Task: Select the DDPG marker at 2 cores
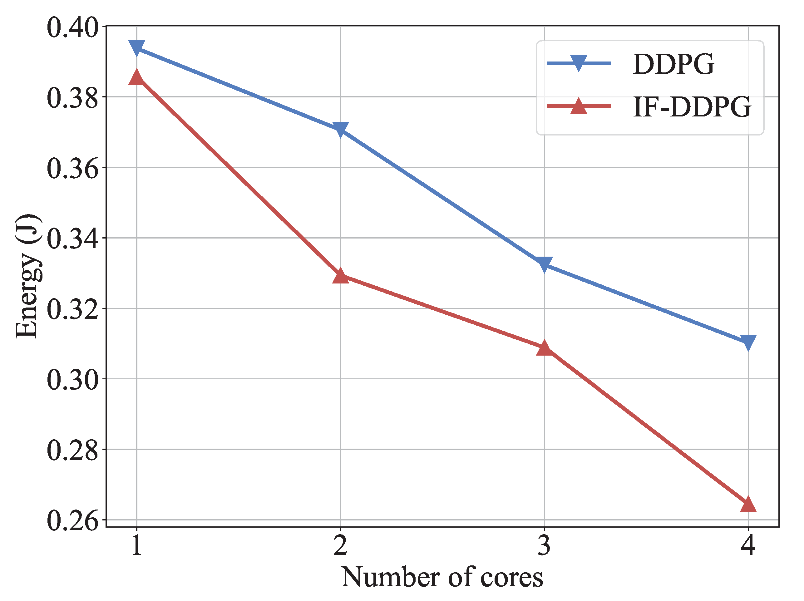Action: [341, 129]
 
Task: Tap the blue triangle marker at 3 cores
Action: [544, 264]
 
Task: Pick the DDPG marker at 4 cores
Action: [748, 342]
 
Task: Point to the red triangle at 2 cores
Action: [341, 276]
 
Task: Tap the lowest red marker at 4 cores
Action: [748, 505]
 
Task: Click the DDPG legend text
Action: [673, 64]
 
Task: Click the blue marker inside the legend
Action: [578, 63]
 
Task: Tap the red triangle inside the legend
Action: [578, 106]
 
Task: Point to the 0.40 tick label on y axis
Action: [73, 27]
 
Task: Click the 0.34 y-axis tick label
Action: [73, 239]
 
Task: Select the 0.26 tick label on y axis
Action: [73, 521]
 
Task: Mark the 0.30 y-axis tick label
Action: [73, 380]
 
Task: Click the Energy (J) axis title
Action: [27, 276]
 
